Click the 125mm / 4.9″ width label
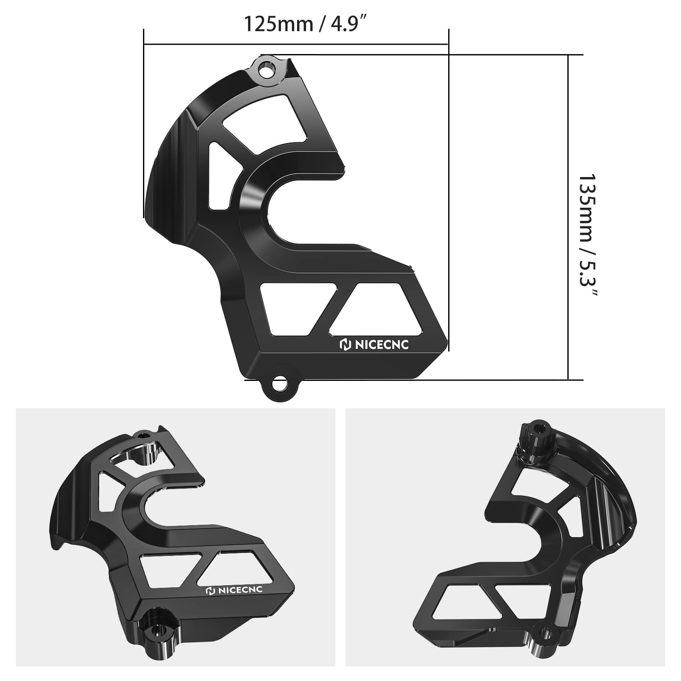305,24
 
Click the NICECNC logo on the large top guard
374,344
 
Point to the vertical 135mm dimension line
569,217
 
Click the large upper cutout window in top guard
265,123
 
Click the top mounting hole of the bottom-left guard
143,435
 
